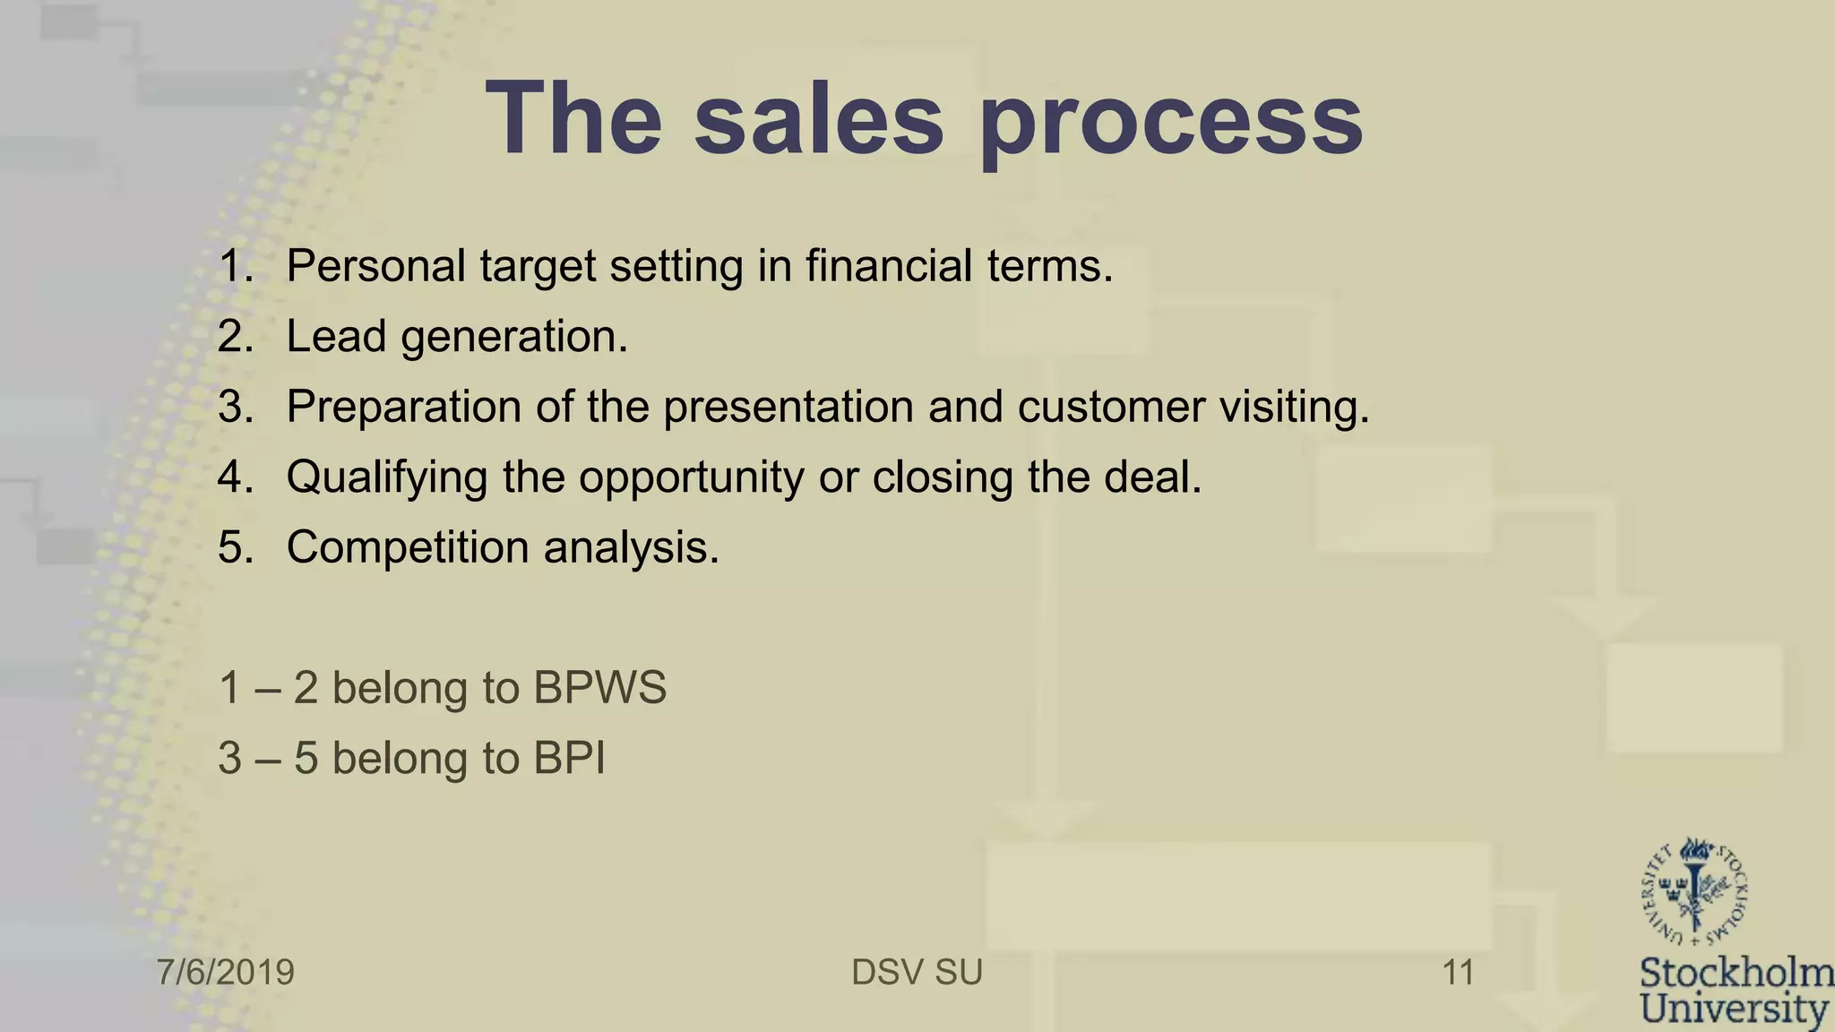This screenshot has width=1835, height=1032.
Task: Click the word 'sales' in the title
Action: click(x=819, y=119)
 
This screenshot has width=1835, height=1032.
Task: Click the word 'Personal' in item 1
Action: click(x=376, y=266)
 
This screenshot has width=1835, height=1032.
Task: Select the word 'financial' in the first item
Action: click(x=888, y=266)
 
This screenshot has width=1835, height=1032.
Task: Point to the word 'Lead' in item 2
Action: click(x=335, y=337)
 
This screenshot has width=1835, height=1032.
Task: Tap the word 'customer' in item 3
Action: click(x=1111, y=407)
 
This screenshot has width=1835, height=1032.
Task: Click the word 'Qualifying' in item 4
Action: click(x=387, y=477)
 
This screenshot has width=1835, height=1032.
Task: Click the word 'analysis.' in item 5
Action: click(x=632, y=547)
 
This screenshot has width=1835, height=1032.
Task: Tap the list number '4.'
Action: click(x=236, y=477)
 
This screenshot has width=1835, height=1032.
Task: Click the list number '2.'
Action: click(x=236, y=337)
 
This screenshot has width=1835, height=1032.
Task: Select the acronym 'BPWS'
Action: click(x=599, y=688)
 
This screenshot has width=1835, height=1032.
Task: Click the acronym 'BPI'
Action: click(x=569, y=758)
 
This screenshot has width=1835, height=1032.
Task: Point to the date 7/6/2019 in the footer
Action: click(x=226, y=972)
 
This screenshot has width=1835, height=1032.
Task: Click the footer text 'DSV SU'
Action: click(x=917, y=972)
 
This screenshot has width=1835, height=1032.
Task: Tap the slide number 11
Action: click(x=1458, y=972)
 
